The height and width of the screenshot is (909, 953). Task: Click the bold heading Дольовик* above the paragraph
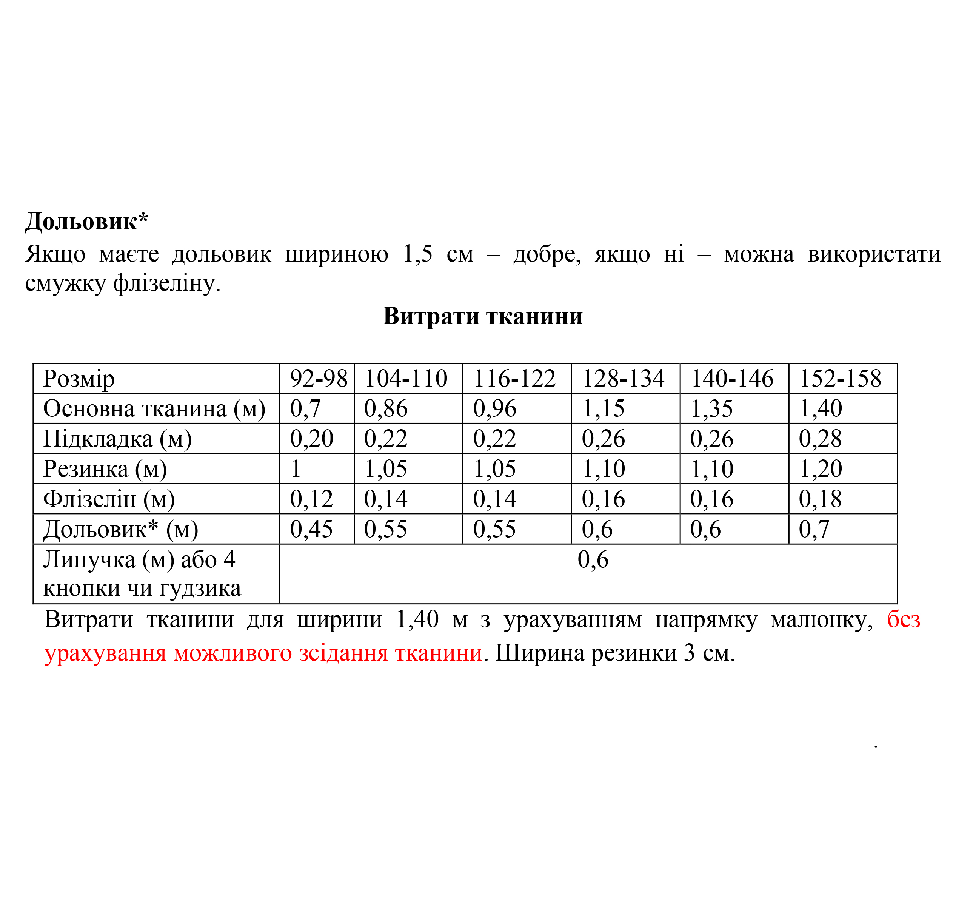pos(86,222)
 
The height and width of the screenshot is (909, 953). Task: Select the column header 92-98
pos(318,378)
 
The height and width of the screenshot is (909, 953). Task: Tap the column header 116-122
pos(514,378)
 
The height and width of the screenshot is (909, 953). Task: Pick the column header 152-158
pos(840,378)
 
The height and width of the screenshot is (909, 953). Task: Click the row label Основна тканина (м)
pos(154,408)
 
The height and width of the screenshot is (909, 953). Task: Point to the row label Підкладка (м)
pos(117,439)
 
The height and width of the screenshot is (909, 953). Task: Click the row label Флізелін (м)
pos(109,499)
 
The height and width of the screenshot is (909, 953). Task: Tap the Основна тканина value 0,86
pos(386,408)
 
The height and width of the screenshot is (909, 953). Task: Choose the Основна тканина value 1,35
pos(711,408)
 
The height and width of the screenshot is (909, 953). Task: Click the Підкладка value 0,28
pos(820,439)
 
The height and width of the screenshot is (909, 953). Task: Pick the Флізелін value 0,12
pos(311,499)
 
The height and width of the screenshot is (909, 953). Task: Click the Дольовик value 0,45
pos(311,529)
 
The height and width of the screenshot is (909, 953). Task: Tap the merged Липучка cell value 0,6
pos(593,560)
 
